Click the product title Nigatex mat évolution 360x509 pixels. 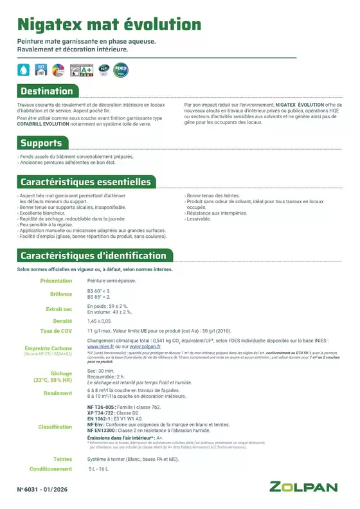(109, 25)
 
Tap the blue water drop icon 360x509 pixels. (24, 69)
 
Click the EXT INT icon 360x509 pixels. (41, 69)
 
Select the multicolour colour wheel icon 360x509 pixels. (58, 69)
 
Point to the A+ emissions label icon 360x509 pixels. (81, 69)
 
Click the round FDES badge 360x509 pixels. (120, 69)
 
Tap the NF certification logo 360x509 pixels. (103, 69)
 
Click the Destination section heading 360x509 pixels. (46, 91)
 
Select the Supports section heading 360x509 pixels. (41, 143)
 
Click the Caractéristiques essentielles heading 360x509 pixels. (85, 182)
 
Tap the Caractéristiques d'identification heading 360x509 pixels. (93, 256)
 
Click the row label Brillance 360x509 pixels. (61, 294)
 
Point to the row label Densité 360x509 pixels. (62, 320)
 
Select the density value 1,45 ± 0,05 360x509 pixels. (100, 320)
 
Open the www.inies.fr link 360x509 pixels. (102, 346)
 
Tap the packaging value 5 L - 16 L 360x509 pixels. (99, 469)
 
